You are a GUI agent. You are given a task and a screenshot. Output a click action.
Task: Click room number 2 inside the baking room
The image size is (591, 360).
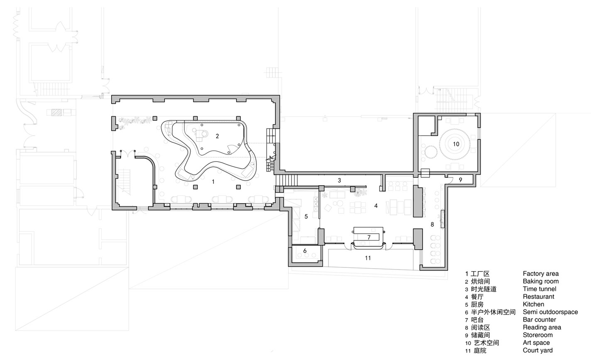click(217, 136)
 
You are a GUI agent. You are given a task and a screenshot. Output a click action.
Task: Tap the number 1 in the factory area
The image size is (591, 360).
click(213, 181)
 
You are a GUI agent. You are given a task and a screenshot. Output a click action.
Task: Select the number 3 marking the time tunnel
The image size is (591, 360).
click(339, 180)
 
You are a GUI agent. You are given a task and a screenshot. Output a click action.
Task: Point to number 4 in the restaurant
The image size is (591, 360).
click(376, 206)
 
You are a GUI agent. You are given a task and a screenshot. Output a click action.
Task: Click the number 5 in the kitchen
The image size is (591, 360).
click(306, 216)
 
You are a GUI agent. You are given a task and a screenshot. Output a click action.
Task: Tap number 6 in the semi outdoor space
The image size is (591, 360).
click(305, 250)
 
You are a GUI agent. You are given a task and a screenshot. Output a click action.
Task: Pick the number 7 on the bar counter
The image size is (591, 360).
click(369, 238)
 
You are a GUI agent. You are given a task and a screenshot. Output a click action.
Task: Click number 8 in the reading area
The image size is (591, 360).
click(432, 225)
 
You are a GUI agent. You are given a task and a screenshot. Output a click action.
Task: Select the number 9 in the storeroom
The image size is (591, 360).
click(461, 180)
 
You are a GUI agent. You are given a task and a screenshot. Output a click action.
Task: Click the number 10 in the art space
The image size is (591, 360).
click(456, 144)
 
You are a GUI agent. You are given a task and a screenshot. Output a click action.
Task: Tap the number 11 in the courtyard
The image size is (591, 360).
click(368, 258)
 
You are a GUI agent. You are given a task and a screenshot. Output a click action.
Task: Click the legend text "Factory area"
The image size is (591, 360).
click(541, 274)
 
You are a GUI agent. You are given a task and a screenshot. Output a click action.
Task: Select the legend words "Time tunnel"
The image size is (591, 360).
click(540, 289)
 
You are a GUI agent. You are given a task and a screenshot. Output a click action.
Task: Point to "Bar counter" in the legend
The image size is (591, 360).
click(539, 320)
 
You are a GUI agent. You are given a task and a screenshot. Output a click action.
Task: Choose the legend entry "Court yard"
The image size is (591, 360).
click(538, 350)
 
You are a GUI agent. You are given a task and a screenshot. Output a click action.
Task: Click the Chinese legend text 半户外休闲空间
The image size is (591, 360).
click(493, 312)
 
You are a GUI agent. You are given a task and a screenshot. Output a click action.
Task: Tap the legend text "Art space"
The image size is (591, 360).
click(536, 343)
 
